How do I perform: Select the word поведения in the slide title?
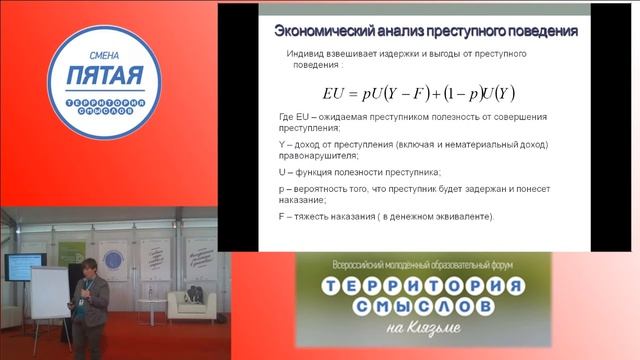[x=529, y=30]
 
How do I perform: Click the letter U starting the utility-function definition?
[x=282, y=172]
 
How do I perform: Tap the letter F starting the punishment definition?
[x=282, y=217]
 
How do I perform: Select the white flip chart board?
[x=49, y=291]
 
